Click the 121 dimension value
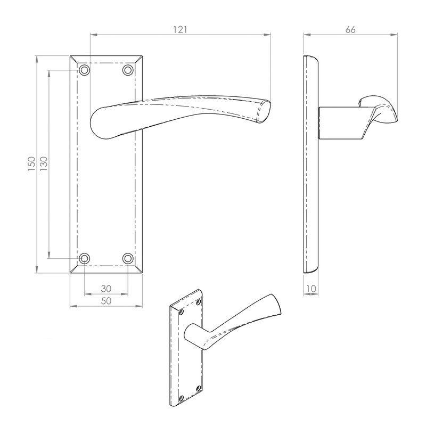point(181,30)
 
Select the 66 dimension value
point(350,30)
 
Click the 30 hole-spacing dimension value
point(106,288)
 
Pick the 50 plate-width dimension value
point(106,301)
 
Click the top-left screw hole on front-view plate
point(85,70)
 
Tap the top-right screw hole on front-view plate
point(128,70)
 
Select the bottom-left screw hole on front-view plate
point(85,259)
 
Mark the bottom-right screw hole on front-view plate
point(128,259)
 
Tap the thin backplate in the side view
point(310,165)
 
